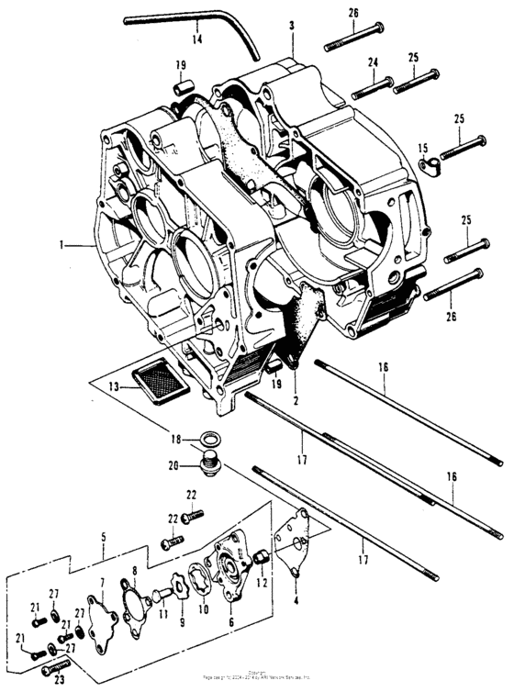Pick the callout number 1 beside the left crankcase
point(61,245)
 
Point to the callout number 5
point(104,536)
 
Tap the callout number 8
point(134,571)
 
